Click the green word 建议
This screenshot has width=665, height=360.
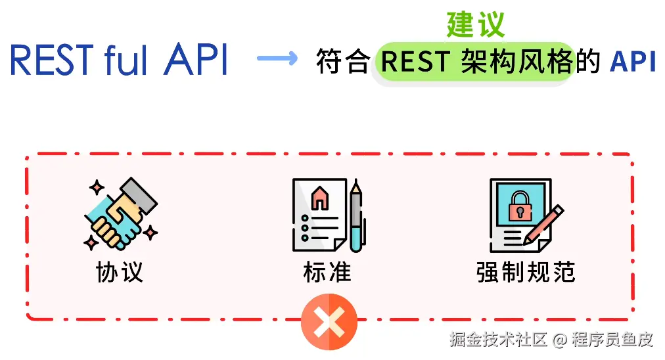[x=476, y=24]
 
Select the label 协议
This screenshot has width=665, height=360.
[x=120, y=271]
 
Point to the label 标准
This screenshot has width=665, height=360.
[x=327, y=271]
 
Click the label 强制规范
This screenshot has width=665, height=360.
[x=526, y=271]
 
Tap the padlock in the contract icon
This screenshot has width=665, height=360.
[x=520, y=206]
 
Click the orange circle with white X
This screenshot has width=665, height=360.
[x=329, y=321]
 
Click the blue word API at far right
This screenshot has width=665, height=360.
[x=632, y=62]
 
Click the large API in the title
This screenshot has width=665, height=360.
[x=196, y=60]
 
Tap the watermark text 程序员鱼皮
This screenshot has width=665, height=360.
[x=612, y=340]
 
